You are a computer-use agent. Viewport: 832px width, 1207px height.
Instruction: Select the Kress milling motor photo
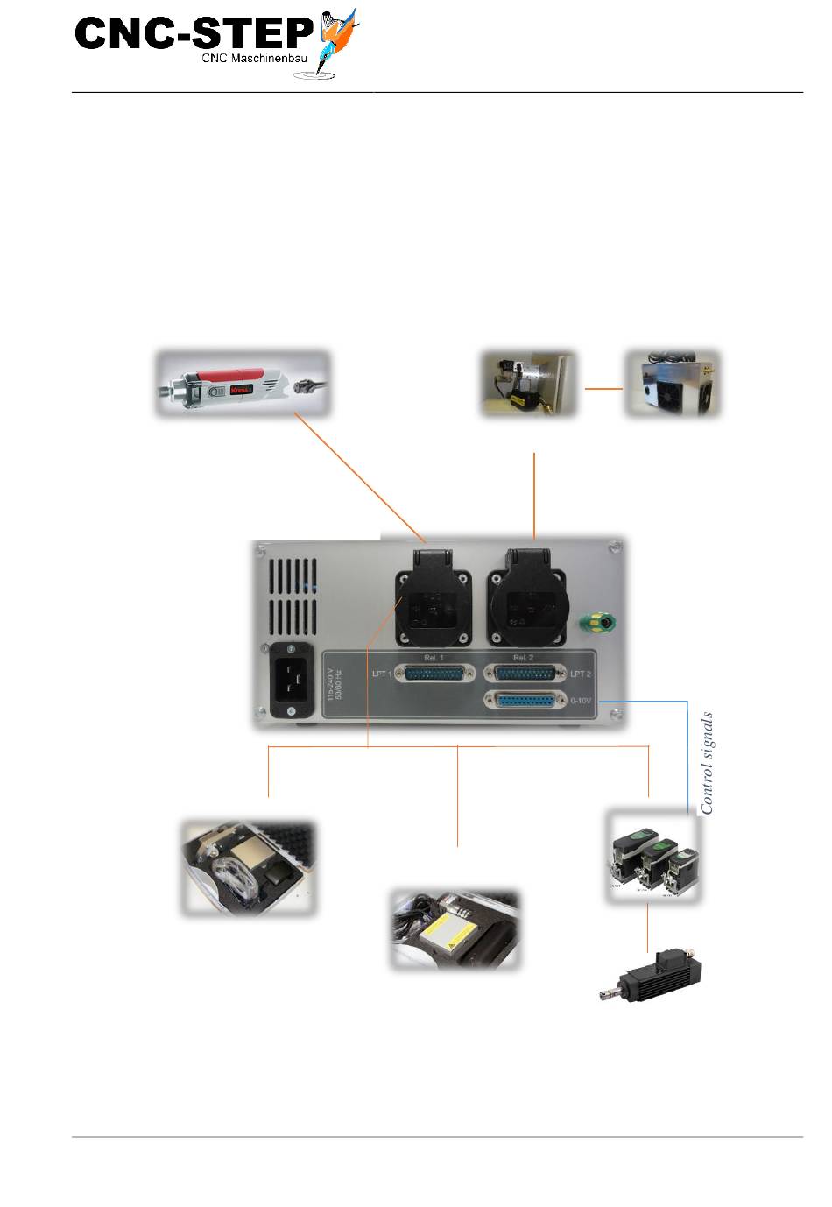(243, 384)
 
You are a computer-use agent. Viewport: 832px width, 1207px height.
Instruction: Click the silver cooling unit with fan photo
(672, 383)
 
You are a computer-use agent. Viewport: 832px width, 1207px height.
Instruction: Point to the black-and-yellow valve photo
(529, 384)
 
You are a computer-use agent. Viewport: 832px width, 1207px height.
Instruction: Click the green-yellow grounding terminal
(598, 624)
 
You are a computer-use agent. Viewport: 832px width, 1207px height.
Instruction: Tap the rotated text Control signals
(707, 763)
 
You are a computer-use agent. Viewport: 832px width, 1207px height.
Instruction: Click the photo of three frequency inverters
(653, 858)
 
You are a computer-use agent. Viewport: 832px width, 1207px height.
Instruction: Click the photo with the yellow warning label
(455, 930)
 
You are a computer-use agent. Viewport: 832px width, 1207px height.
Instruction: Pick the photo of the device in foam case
(247, 868)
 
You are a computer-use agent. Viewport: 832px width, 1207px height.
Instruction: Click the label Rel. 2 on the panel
(523, 657)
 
